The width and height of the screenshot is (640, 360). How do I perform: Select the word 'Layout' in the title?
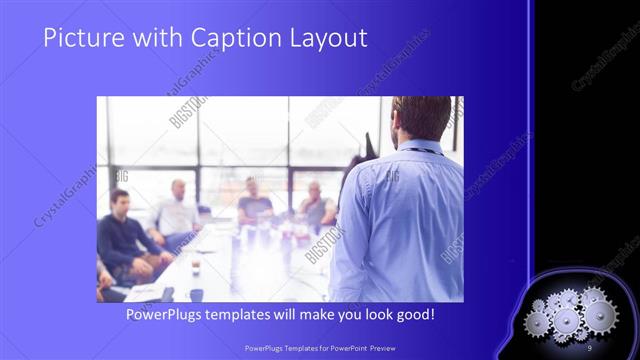326,39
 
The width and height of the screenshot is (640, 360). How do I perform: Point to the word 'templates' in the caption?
252,315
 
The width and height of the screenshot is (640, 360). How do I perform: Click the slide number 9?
590,346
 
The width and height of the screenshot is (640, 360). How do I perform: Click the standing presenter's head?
420,118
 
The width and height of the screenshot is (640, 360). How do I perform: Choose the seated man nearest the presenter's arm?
316,204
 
